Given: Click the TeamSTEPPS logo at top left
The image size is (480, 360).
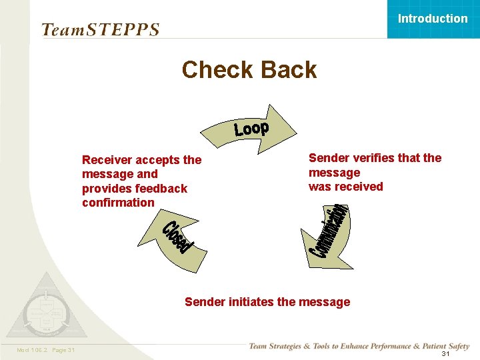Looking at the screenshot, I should tap(100, 30).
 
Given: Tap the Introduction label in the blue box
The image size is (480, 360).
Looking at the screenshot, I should tap(433, 19).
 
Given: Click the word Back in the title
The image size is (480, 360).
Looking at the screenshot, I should tap(287, 69).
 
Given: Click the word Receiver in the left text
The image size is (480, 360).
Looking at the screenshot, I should tap(107, 160).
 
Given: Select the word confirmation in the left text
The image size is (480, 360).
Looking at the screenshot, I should tap(118, 203).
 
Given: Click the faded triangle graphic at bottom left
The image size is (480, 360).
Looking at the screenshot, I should tap(45, 308).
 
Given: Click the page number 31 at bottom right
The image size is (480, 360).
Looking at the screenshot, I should tap(445, 354).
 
